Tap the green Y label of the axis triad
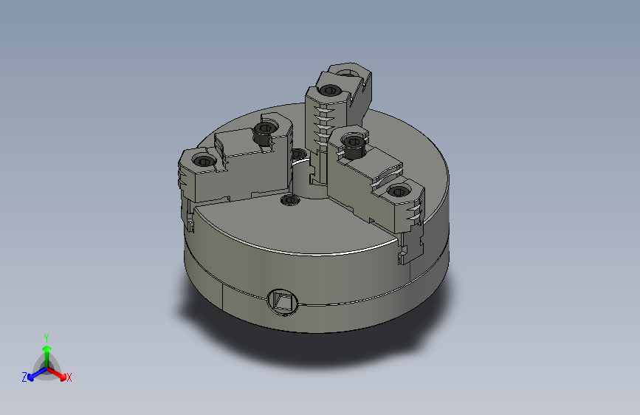(47, 338)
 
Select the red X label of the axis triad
(69, 378)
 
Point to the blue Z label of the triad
(24, 377)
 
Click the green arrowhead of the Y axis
(47, 349)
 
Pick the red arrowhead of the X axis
(63, 377)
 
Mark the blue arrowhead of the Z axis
(30, 377)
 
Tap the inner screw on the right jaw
(354, 144)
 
